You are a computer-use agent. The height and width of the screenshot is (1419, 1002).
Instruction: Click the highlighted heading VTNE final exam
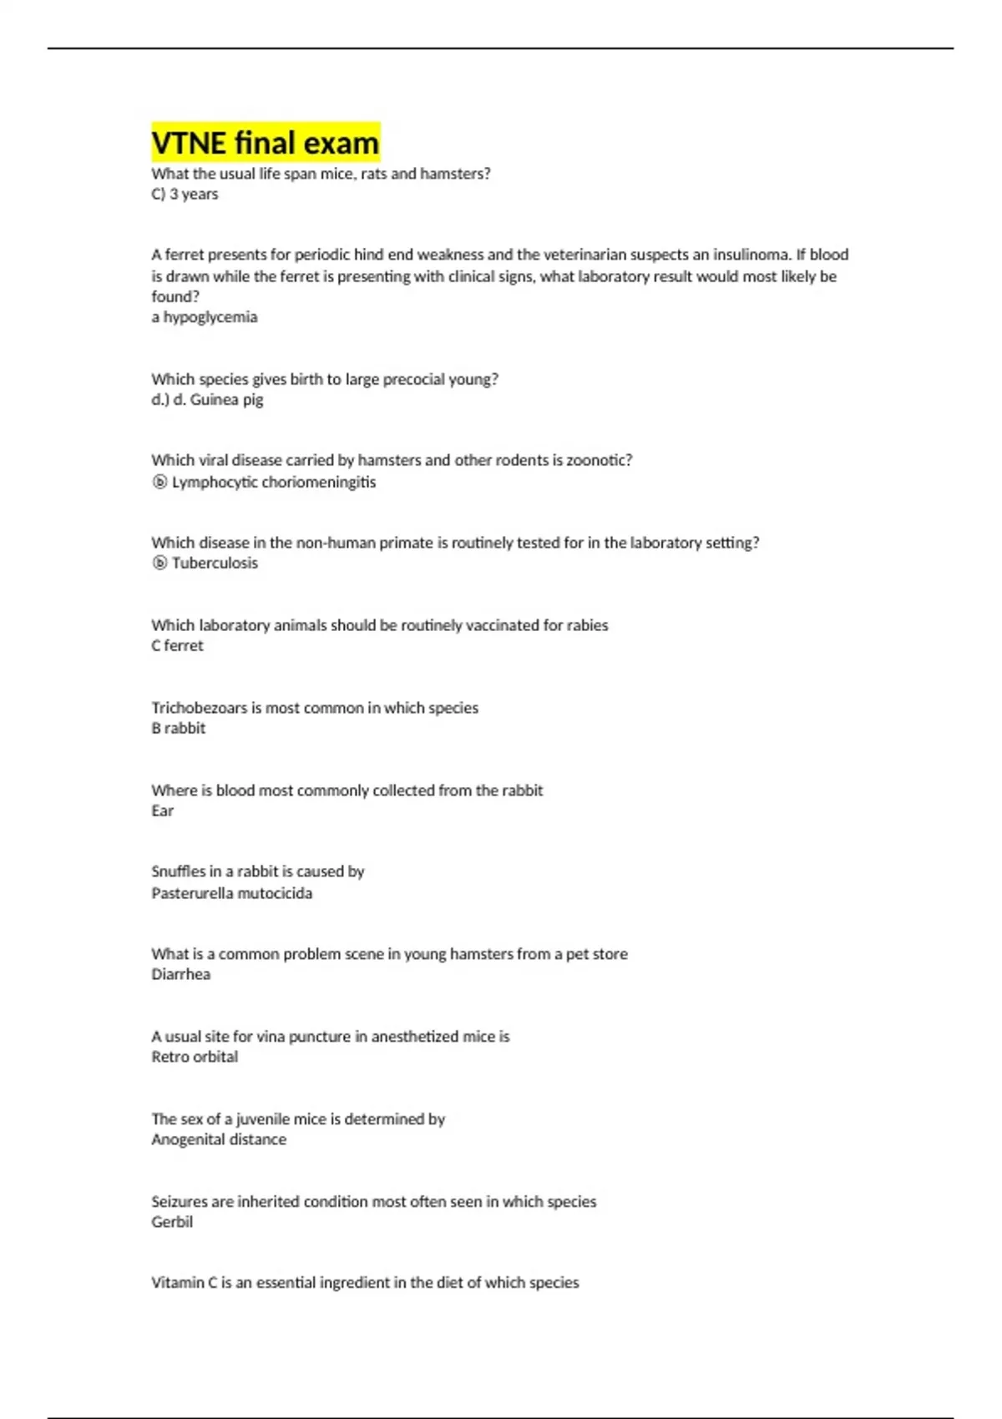tap(266, 143)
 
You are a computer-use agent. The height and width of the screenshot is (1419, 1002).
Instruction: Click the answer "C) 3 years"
tap(185, 194)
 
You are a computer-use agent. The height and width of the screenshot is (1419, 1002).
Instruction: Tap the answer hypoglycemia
tap(210, 317)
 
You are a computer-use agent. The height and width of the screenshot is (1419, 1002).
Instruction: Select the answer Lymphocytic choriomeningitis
tap(273, 482)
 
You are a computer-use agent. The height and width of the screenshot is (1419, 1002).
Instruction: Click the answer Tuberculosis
tap(215, 563)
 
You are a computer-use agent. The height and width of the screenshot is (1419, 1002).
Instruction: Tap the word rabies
tap(587, 625)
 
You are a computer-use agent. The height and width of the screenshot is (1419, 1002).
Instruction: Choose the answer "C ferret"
tap(177, 646)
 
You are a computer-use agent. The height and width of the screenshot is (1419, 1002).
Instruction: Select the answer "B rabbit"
tap(179, 729)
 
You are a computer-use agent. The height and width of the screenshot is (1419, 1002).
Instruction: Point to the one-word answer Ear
tap(163, 810)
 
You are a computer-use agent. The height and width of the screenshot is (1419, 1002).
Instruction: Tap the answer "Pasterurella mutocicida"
tap(232, 893)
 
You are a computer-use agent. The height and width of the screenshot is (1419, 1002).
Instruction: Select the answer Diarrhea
tap(181, 975)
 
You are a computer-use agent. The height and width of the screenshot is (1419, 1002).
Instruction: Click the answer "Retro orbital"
tap(195, 1057)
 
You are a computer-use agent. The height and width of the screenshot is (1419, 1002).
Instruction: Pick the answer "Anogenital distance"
tap(219, 1139)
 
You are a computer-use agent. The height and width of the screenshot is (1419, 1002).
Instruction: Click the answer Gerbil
tap(172, 1222)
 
